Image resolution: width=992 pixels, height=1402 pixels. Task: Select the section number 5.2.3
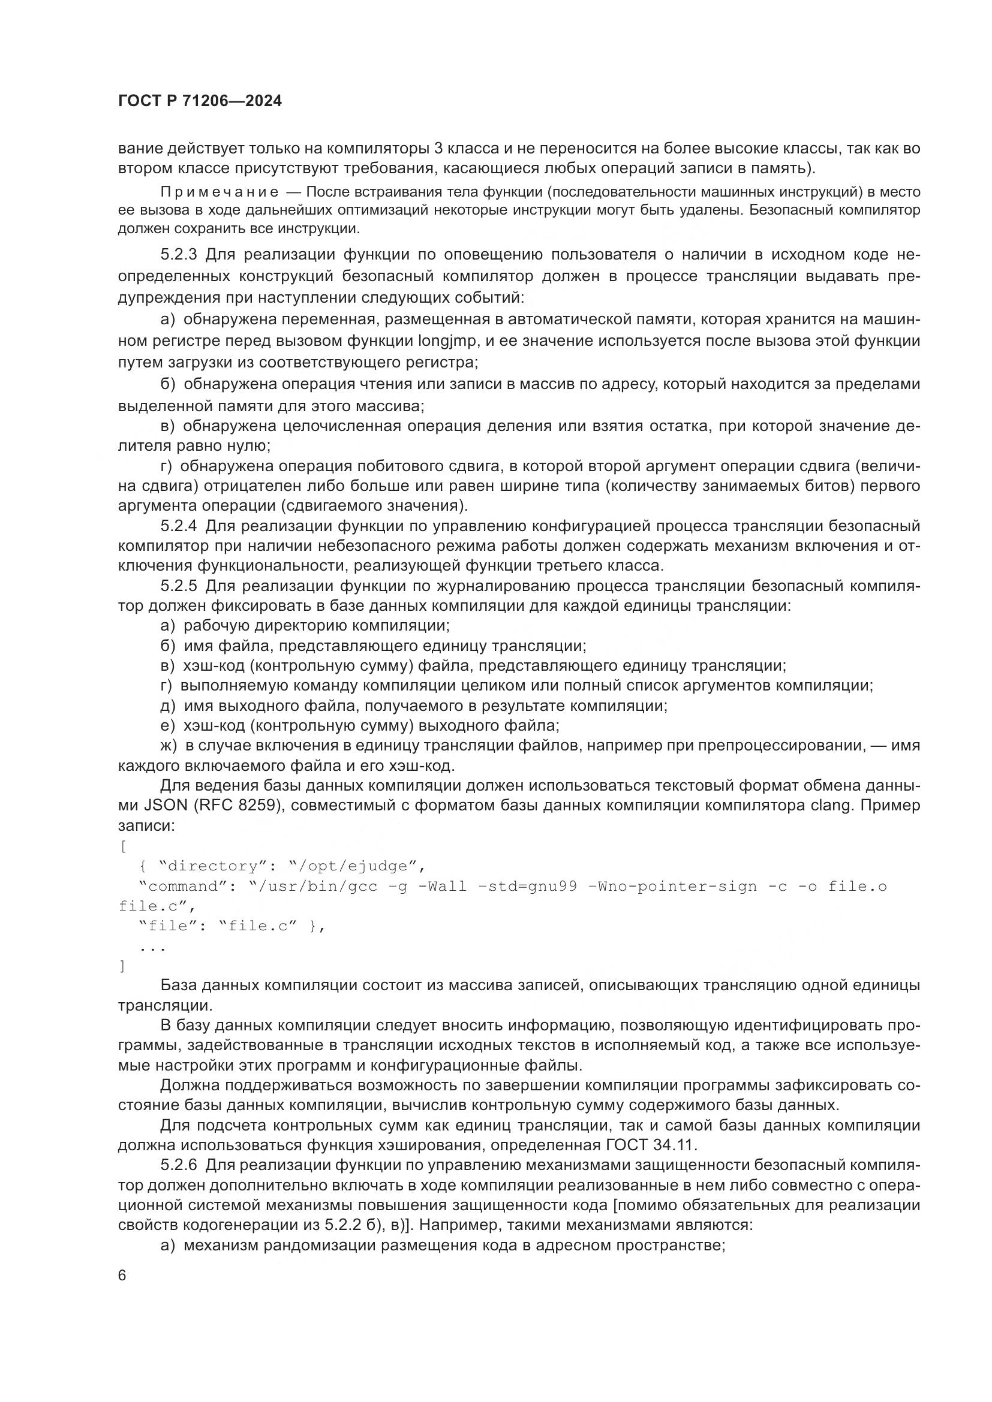coord(179,255)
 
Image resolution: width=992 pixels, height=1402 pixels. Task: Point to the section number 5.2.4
coord(179,526)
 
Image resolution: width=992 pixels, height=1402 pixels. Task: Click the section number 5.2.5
coord(179,586)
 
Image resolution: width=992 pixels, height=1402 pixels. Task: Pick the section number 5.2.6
coord(179,1166)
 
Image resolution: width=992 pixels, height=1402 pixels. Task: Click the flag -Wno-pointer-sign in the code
coord(672,887)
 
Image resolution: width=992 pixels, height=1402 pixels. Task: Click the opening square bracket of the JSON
coord(123,846)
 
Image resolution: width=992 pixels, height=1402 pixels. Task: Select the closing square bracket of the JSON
coord(123,967)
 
